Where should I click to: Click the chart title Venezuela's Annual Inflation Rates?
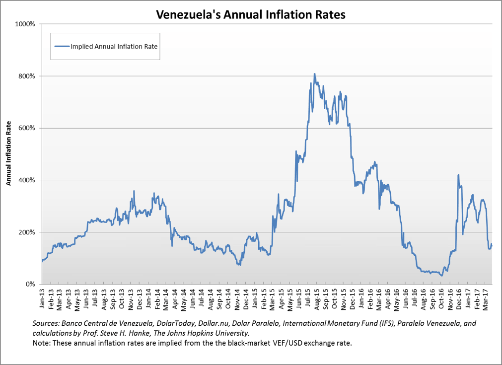click(x=251, y=14)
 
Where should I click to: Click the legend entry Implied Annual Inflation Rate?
click(x=114, y=46)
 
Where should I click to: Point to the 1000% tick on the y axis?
click(x=25, y=24)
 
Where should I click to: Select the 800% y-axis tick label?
click(x=26, y=76)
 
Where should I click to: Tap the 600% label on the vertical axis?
click(x=26, y=128)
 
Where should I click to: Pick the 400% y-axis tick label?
click(x=26, y=180)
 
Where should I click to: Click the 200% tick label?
click(x=26, y=232)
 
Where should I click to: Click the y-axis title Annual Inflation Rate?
click(x=8, y=154)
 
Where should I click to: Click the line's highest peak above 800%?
click(x=314, y=74)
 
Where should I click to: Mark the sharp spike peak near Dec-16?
click(x=458, y=174)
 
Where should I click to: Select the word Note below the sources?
click(x=39, y=343)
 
